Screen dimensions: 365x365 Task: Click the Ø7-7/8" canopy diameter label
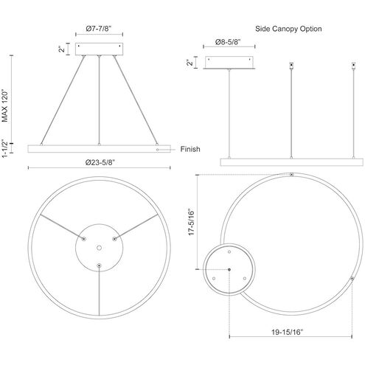click(x=99, y=29)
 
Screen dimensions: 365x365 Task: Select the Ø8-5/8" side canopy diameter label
click(x=228, y=42)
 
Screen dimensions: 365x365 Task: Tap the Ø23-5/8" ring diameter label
click(x=100, y=162)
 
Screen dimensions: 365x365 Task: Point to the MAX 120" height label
click(x=5, y=105)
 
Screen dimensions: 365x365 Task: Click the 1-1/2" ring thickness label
click(x=5, y=149)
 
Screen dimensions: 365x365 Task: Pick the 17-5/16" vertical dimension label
click(x=191, y=223)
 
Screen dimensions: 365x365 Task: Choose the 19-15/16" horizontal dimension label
click(x=287, y=332)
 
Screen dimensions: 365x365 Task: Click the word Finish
click(x=190, y=149)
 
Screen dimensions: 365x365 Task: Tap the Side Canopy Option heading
click(x=288, y=29)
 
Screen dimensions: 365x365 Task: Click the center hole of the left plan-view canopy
click(x=99, y=248)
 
